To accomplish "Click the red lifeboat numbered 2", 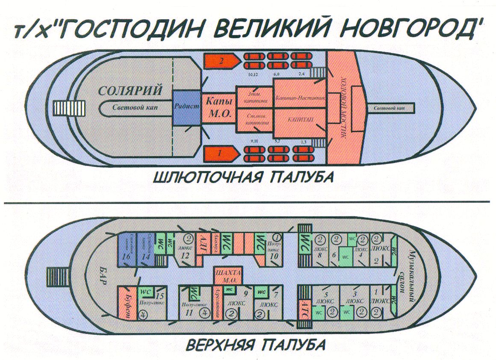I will pyautogui.click(x=221, y=61).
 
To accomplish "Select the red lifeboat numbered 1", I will pyautogui.click(x=221, y=153).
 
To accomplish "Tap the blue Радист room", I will pyautogui.click(x=186, y=107).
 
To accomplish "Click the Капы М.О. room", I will pyautogui.click(x=218, y=108).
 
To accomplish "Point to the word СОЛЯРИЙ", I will pyautogui.click(x=130, y=91).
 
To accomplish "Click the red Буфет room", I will pyautogui.click(x=127, y=303).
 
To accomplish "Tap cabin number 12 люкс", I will pyautogui.click(x=186, y=252).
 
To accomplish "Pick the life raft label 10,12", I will pyautogui.click(x=253, y=75).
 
